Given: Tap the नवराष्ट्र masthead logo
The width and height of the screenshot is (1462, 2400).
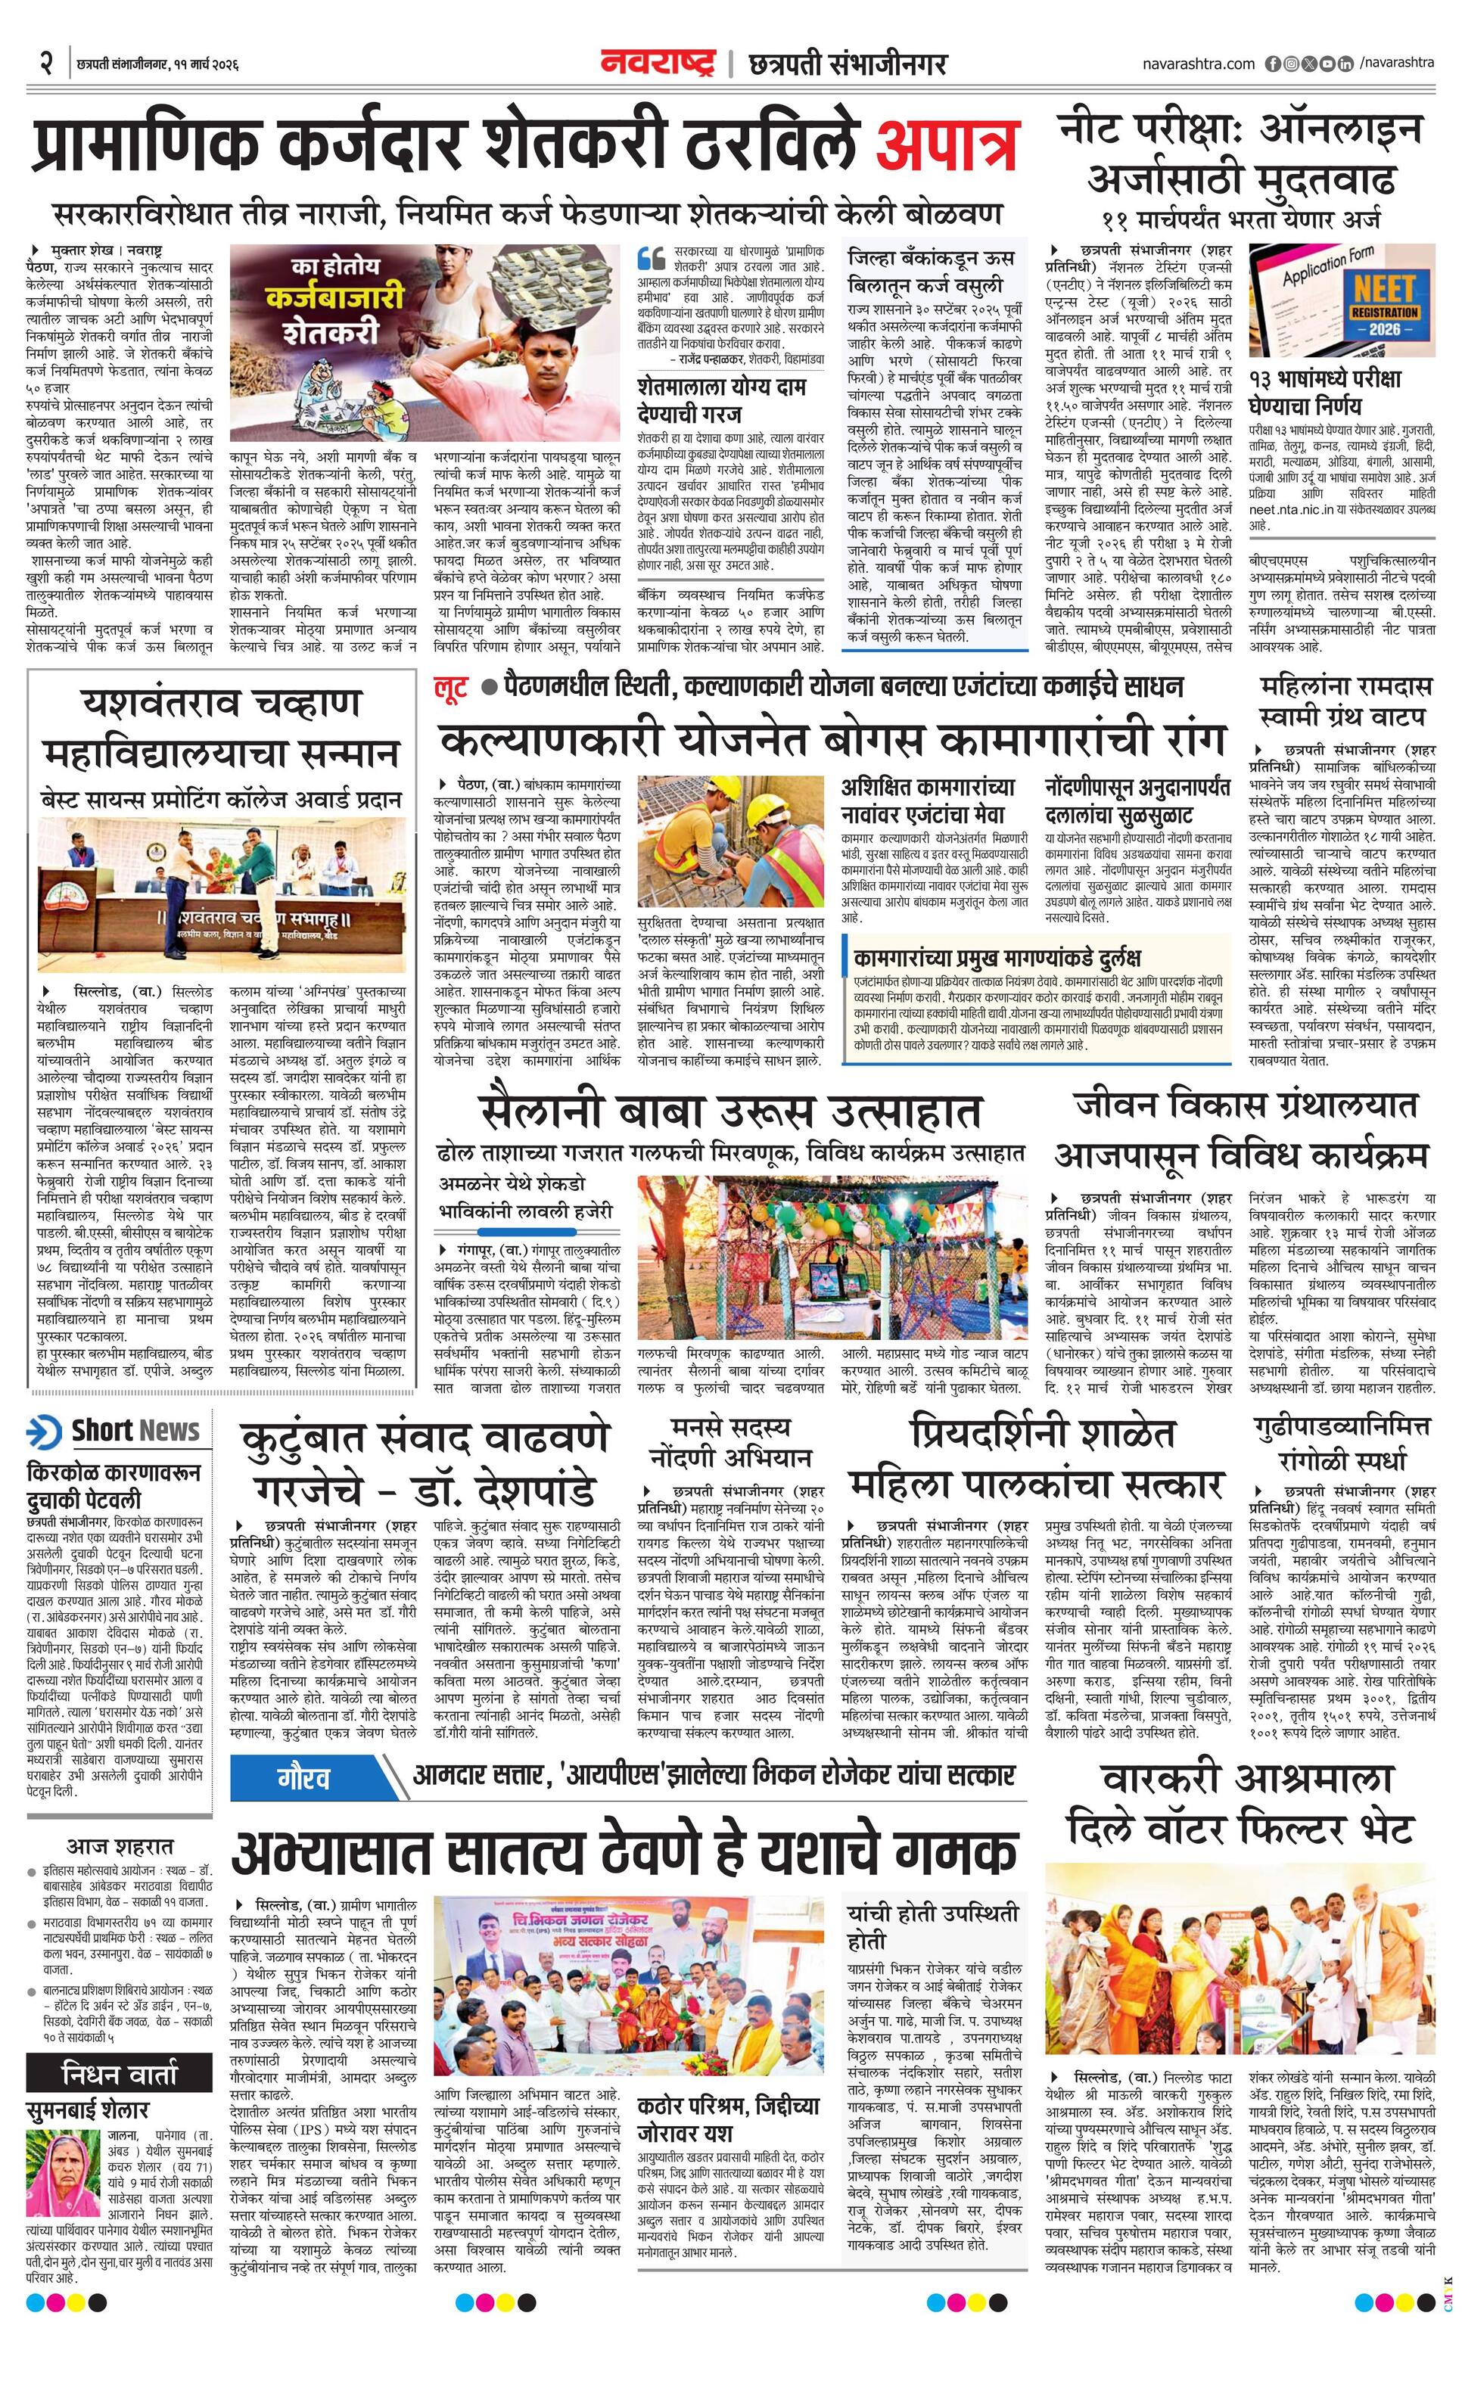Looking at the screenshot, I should [658, 64].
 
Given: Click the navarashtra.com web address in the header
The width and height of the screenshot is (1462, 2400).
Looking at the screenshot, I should [1198, 64].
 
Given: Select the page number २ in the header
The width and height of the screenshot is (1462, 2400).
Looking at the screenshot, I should [45, 64].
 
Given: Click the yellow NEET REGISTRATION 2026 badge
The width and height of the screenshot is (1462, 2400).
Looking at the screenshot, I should [1384, 309].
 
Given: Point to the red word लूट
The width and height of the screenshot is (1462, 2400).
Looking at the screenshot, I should [452, 688].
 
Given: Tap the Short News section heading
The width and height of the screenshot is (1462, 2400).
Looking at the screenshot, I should [135, 1430].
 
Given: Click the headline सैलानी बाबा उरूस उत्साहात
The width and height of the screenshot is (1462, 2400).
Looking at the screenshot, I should [729, 1111].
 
